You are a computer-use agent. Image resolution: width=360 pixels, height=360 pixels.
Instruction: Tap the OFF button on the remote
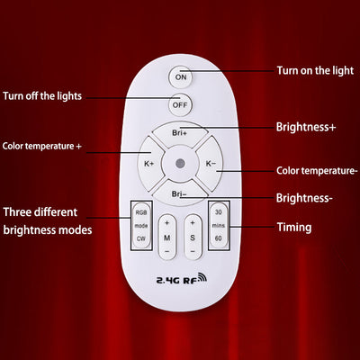coord(180,105)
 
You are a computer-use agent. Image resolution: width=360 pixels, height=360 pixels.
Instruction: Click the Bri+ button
coord(180,133)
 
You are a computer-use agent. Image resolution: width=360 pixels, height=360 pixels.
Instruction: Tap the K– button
coord(210,164)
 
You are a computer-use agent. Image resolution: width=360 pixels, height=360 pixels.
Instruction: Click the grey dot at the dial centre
coord(180,164)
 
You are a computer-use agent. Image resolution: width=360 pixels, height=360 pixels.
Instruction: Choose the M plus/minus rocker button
coord(167,237)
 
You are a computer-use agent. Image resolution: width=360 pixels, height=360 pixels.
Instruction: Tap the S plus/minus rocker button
coord(193,237)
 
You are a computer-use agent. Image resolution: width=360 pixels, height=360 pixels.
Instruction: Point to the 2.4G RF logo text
coord(181,279)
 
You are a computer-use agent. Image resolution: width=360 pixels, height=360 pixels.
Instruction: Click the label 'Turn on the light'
coord(315,71)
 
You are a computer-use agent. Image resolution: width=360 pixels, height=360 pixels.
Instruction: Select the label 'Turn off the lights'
coord(42,96)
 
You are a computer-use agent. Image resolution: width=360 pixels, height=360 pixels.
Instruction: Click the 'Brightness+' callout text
coord(306,127)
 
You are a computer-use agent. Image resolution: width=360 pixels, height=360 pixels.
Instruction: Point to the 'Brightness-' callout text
coord(304,198)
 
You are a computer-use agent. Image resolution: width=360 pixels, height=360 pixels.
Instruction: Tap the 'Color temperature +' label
coord(42,146)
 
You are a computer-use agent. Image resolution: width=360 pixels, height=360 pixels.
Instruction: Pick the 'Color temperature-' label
coord(317,171)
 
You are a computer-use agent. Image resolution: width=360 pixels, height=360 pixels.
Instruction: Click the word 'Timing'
coord(294,227)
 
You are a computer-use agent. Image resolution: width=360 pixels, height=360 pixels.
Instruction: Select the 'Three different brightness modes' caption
coord(48,221)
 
